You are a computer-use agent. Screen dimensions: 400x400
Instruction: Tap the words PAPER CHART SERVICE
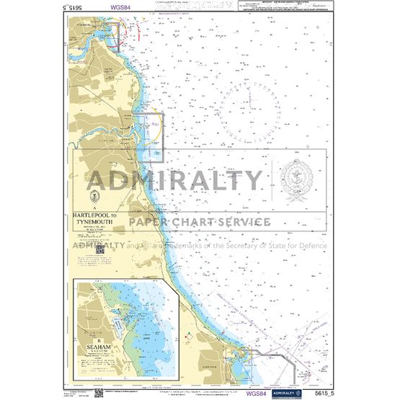[x=200, y=221]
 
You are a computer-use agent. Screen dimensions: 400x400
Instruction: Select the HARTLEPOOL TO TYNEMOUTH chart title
[x=94, y=218]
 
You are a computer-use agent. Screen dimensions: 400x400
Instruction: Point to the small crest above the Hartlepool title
[x=93, y=197]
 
